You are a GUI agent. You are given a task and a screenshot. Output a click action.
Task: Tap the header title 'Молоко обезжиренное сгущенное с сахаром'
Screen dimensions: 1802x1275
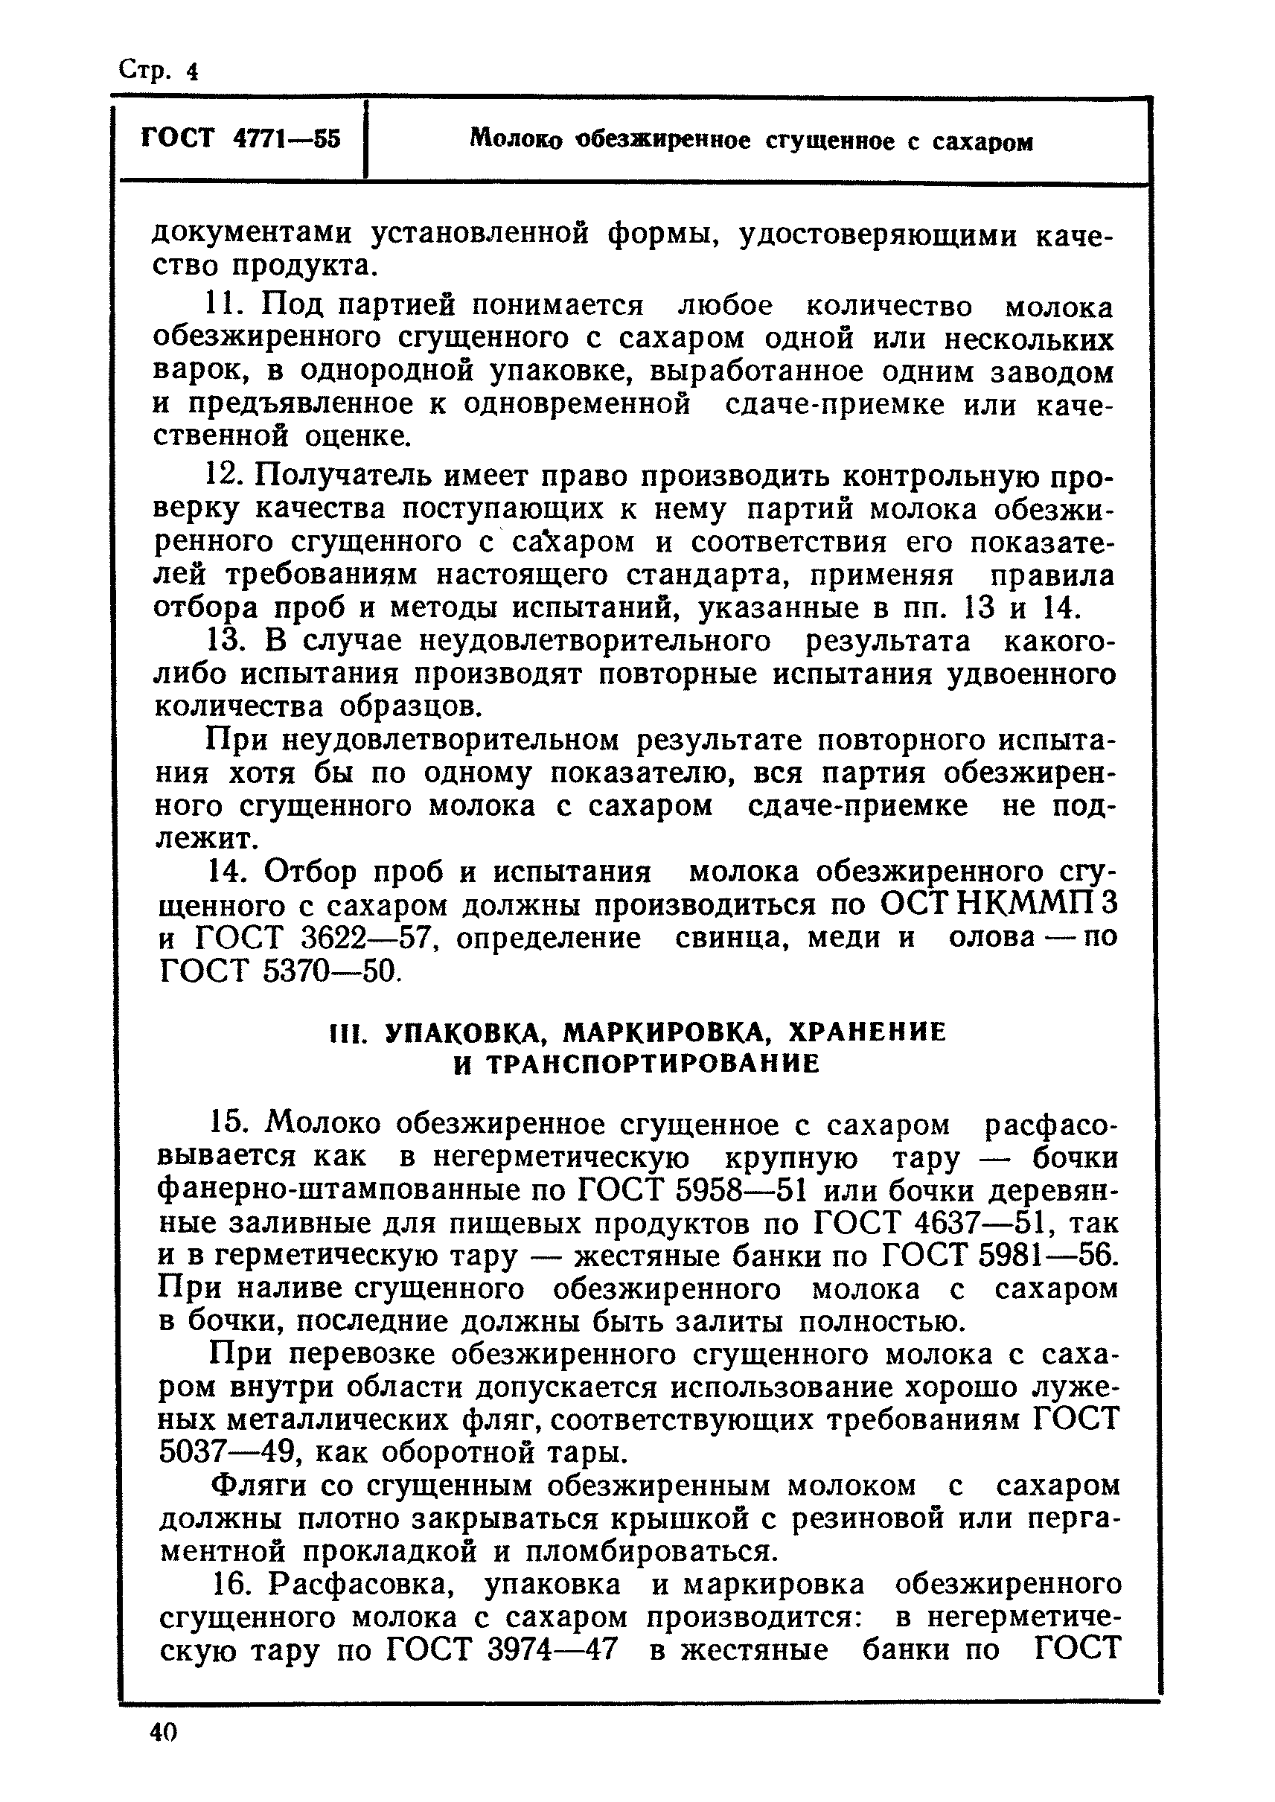tap(751, 141)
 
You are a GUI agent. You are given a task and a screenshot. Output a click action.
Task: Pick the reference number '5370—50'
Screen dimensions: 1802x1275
tap(329, 972)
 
